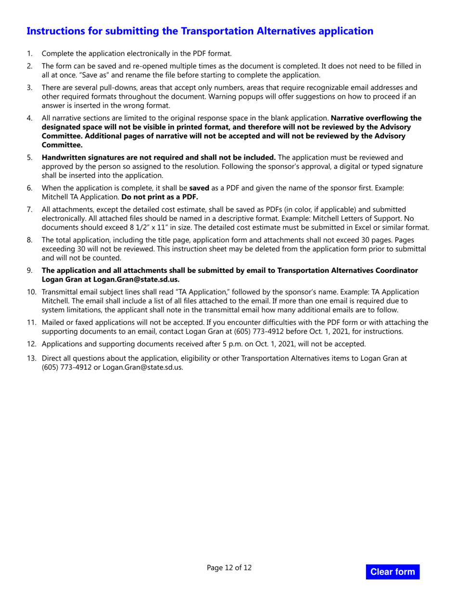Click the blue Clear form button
pyautogui.click(x=393, y=572)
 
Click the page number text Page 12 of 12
pyautogui.click(x=229, y=568)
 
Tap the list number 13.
pyautogui.click(x=31, y=358)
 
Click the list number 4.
pyautogui.click(x=29, y=118)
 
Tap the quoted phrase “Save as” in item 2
pyautogui.click(x=56, y=75)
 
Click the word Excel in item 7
pyautogui.click(x=374, y=228)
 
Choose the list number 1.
pyautogui.click(x=29, y=53)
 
